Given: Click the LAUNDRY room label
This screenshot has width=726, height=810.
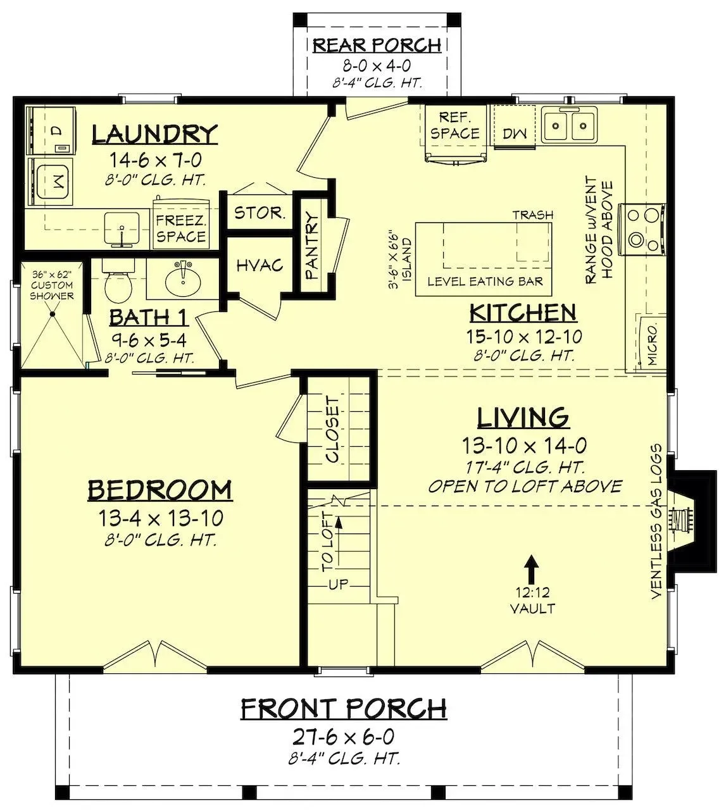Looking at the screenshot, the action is coord(155,134).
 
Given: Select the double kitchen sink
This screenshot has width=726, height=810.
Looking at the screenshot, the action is coord(569,125).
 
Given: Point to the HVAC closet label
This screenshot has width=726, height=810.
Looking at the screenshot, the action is coord(260,265).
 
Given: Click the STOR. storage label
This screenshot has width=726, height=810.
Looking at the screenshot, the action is coord(260,213).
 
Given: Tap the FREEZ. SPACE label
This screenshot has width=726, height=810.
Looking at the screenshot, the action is coord(181,228).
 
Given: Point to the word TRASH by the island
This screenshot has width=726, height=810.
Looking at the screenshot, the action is coord(533,215).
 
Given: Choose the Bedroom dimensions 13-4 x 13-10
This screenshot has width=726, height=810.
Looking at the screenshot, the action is coord(160,518).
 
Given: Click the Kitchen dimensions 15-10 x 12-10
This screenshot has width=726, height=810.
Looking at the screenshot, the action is coord(524,337).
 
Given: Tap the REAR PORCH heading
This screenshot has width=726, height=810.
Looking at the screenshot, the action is coord(377,45).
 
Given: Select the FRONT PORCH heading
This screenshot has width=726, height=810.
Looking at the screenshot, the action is coord(344,708).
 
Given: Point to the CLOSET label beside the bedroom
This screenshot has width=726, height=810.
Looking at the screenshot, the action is coord(332,430).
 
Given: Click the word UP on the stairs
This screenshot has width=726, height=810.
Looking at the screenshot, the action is coord(339,585).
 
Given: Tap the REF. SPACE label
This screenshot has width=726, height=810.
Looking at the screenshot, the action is coord(455,125).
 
